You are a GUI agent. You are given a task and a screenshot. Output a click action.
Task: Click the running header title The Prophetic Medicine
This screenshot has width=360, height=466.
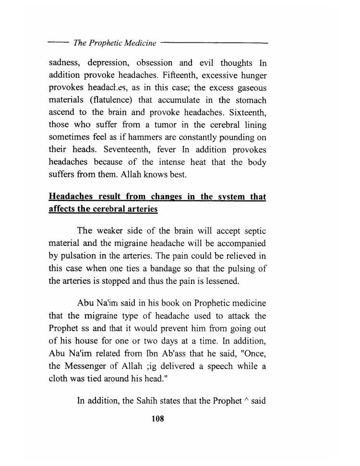click(115, 43)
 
